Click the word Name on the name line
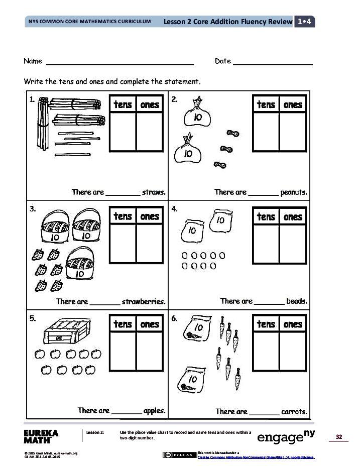33,61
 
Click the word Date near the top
222,61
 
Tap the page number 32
338,437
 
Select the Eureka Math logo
41,436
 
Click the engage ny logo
286,436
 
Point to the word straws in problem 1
154,192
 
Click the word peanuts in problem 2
294,192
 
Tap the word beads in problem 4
296,301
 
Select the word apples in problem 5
154,411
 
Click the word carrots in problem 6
294,412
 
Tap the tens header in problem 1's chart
123,104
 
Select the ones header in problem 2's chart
293,104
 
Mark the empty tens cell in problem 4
266,244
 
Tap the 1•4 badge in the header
304,22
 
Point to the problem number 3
33,209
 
